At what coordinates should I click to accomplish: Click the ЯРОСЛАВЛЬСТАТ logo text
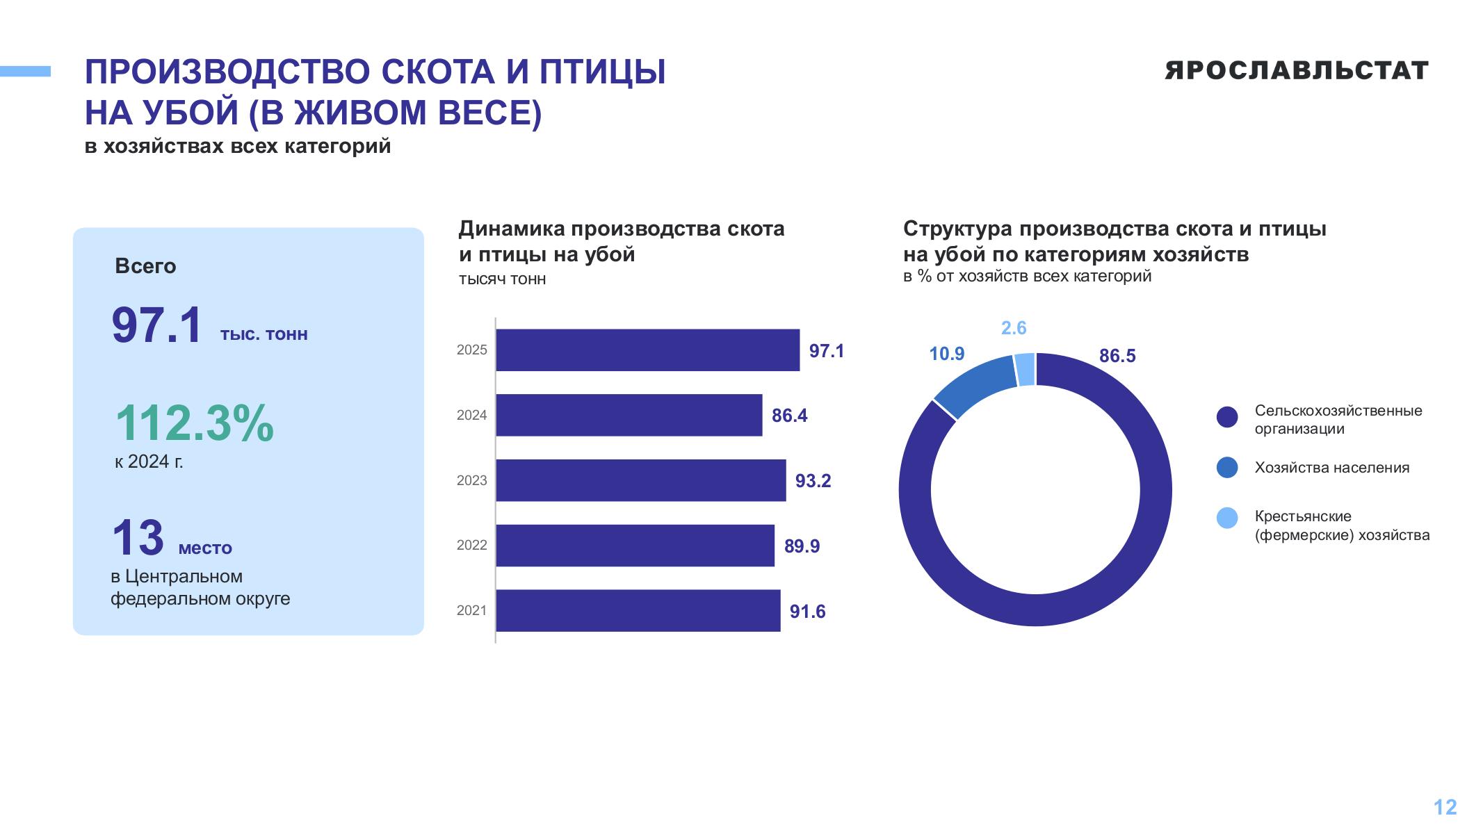(1297, 70)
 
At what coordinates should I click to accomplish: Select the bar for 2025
(648, 350)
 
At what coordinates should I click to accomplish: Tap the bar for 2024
(629, 415)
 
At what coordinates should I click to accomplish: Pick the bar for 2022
(635, 546)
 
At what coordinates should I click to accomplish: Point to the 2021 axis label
(472, 610)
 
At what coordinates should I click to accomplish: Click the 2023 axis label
(472, 480)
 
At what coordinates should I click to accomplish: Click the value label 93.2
(813, 481)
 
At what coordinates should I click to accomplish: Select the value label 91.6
(808, 612)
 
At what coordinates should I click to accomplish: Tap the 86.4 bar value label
(790, 416)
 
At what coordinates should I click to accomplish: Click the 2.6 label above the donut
(1014, 328)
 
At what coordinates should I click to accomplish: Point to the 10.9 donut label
(947, 354)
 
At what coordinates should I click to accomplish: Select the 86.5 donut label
(1117, 356)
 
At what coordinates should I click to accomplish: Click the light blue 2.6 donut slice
(1026, 369)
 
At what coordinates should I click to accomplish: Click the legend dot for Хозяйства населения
(1227, 468)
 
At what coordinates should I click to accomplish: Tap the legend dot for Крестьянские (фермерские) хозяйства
(1227, 518)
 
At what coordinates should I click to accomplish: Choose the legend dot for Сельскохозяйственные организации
(1227, 417)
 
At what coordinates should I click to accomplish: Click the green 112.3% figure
(195, 423)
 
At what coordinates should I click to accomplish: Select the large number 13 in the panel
(138, 537)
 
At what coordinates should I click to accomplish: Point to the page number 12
(1445, 807)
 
